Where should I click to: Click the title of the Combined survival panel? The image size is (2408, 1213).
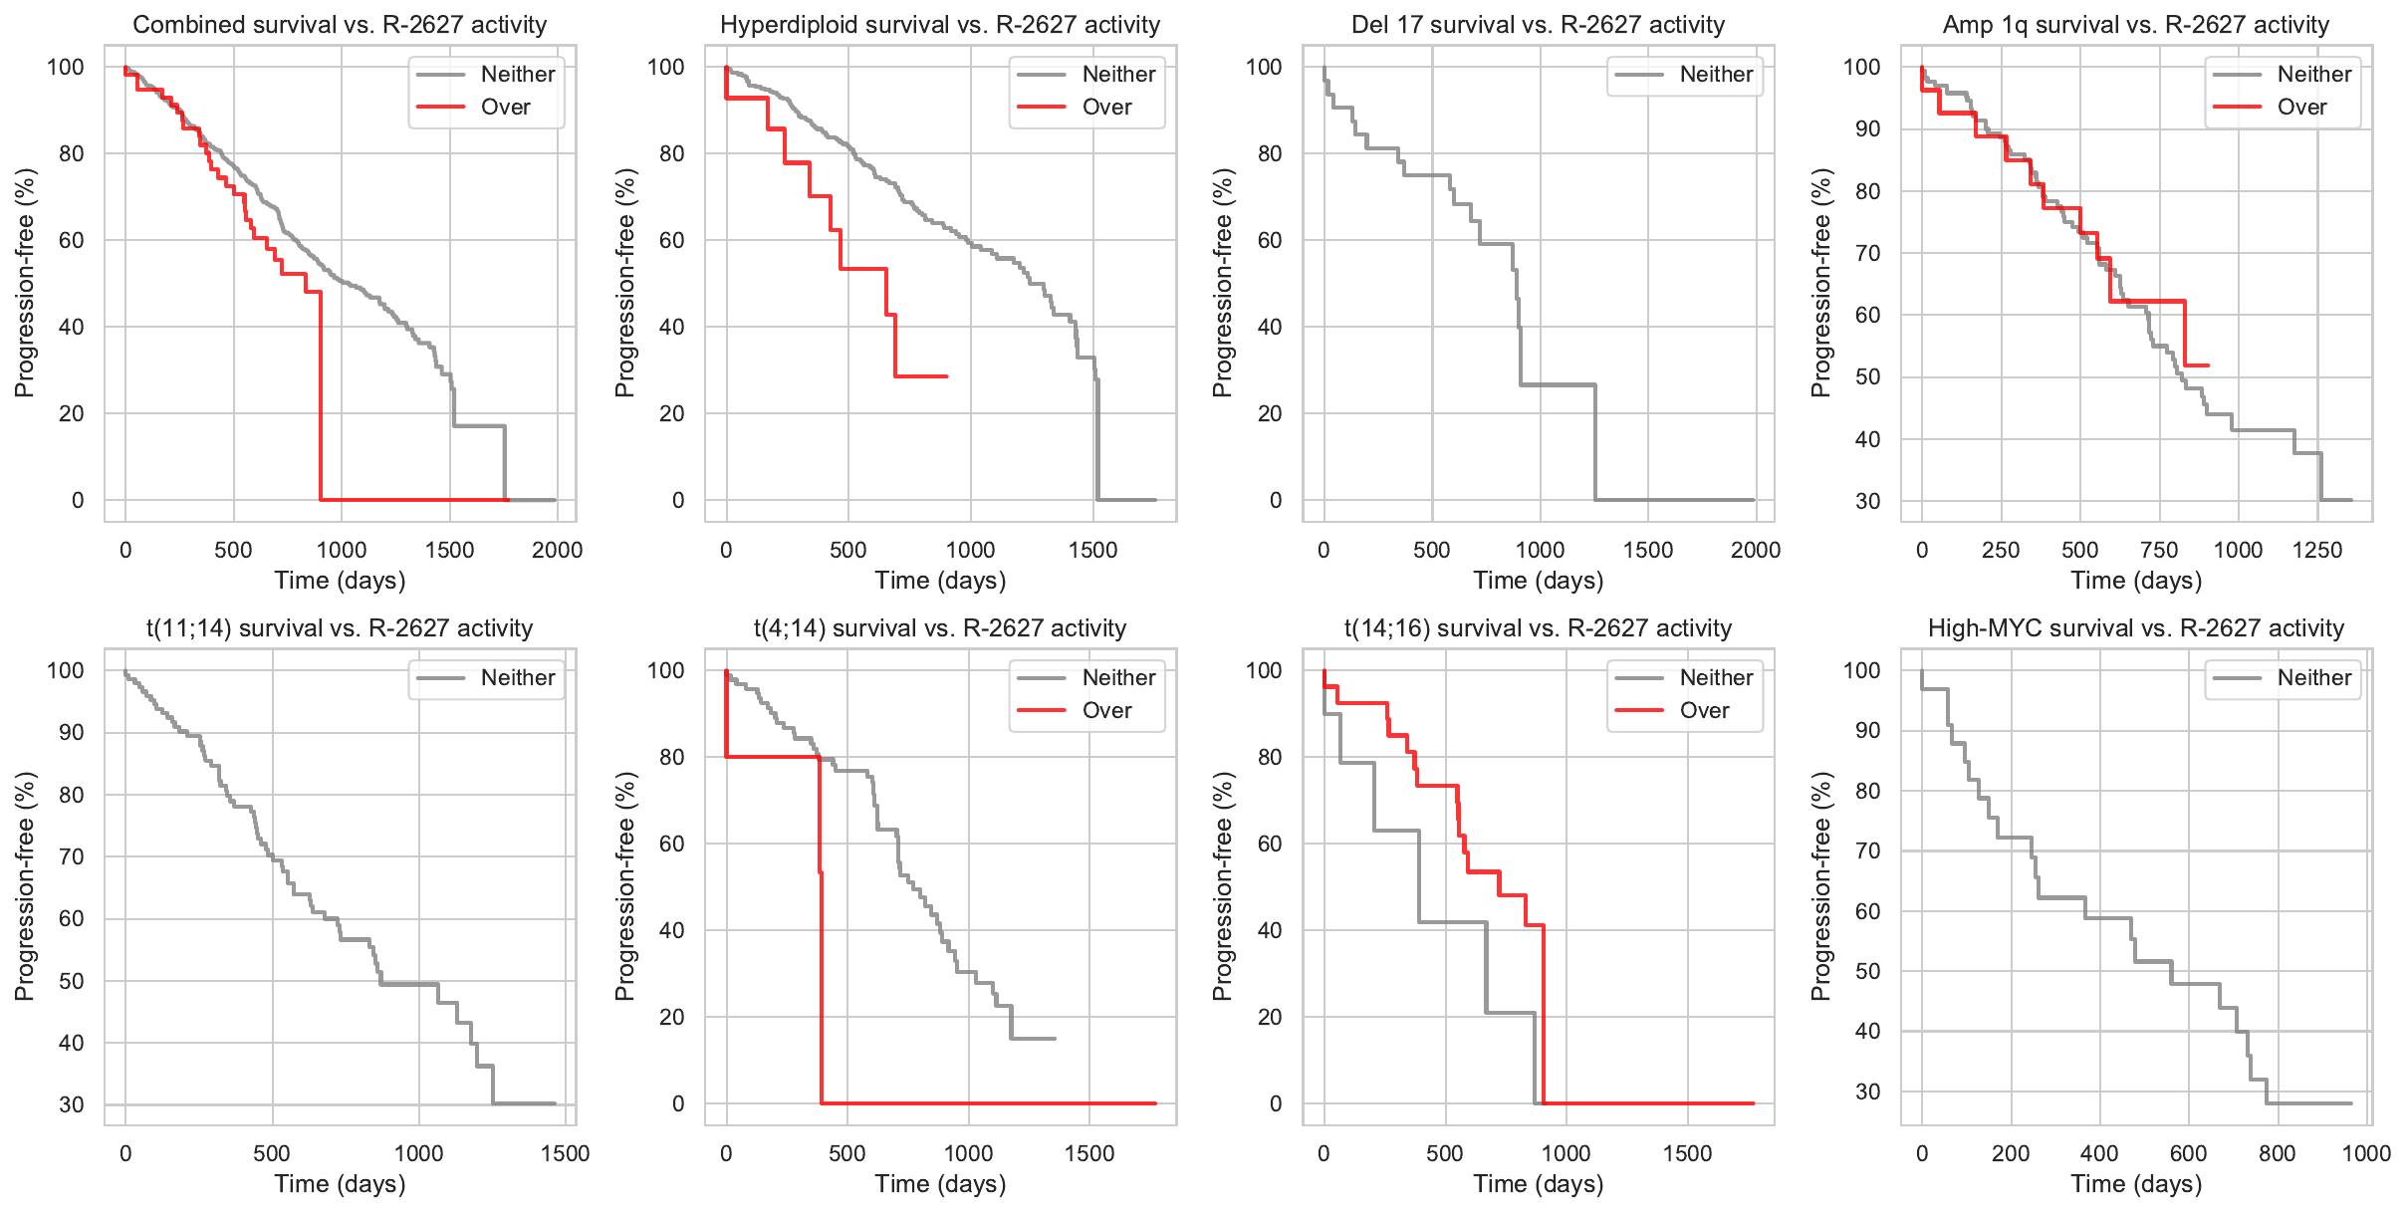(340, 25)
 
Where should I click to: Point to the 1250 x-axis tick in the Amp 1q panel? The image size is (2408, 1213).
(2316, 551)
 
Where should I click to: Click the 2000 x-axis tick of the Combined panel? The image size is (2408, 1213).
(557, 551)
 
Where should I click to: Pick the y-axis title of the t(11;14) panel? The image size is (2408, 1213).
(25, 886)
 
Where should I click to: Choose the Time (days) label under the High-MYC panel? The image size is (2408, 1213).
(2136, 1184)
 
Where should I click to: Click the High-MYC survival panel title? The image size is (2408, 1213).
(2136, 628)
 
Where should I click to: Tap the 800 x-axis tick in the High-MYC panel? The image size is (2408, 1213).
(2277, 1154)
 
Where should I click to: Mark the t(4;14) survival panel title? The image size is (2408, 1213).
(940, 628)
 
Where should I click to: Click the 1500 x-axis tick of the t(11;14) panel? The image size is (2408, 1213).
(565, 1154)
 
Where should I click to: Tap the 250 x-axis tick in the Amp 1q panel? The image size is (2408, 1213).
(2000, 551)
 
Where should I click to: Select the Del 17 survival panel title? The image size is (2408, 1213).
(1538, 25)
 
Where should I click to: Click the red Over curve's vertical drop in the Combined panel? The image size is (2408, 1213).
(321, 398)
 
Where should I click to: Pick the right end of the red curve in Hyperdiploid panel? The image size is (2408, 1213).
(946, 376)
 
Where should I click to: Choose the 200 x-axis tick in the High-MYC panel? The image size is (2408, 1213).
(2011, 1154)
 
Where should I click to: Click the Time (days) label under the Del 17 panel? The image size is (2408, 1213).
(1538, 581)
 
